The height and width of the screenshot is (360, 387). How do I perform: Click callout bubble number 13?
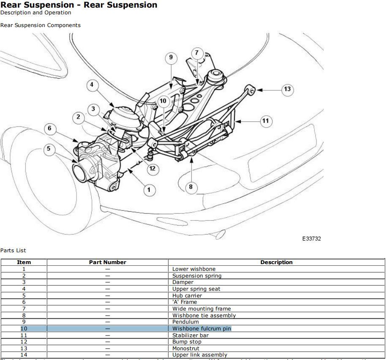pyautogui.click(x=287, y=89)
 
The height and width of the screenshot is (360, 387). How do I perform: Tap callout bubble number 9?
pyautogui.click(x=171, y=57)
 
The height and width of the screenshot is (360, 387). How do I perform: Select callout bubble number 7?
pyautogui.click(x=197, y=53)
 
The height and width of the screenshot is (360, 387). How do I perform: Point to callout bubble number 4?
pyautogui.click(x=92, y=85)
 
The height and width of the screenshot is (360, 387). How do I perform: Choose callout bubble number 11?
pyautogui.click(x=265, y=121)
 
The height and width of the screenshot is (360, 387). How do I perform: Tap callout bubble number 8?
pyautogui.click(x=191, y=187)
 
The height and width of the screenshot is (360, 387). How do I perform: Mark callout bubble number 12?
pyautogui.click(x=153, y=169)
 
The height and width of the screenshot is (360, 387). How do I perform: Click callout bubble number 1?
pyautogui.click(x=148, y=190)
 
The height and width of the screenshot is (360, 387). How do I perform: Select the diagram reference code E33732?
pyautogui.click(x=311, y=239)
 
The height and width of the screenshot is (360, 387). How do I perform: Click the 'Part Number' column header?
pyautogui.click(x=107, y=262)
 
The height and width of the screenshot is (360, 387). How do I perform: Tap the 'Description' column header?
pyautogui.click(x=276, y=262)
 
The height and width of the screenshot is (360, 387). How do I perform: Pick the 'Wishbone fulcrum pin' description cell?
pyautogui.click(x=202, y=328)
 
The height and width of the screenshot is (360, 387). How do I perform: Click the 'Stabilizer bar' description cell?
pyautogui.click(x=190, y=335)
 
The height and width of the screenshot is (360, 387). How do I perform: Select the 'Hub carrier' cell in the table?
pyautogui.click(x=187, y=295)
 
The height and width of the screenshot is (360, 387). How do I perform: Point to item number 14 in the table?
pyautogui.click(x=24, y=355)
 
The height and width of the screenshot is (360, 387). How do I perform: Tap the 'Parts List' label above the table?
pyautogui.click(x=13, y=251)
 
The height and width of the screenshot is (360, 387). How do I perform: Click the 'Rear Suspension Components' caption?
pyautogui.click(x=40, y=25)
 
